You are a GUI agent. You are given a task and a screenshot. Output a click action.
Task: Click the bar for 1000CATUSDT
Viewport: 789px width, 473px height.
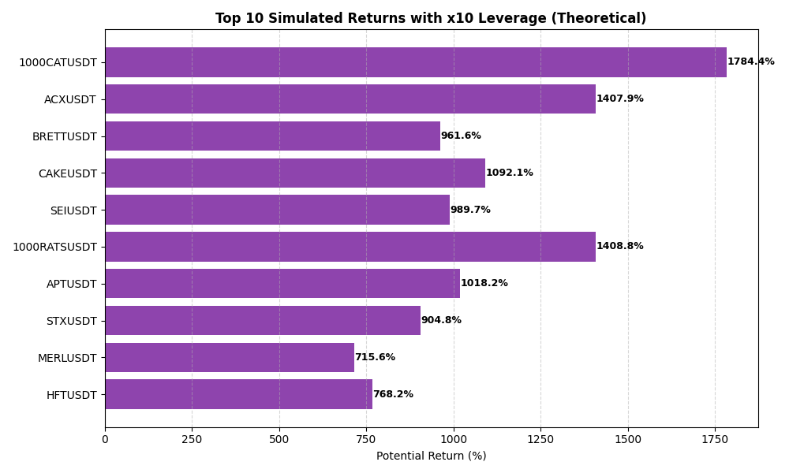coord(416,62)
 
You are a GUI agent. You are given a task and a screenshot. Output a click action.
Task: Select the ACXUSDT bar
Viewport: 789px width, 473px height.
coord(350,99)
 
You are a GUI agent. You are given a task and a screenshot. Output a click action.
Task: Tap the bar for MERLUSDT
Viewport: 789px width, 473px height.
coord(230,357)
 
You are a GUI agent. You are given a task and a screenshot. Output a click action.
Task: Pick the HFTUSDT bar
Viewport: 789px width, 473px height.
coord(238,394)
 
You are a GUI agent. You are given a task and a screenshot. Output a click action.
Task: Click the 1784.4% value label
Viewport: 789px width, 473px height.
coord(750,62)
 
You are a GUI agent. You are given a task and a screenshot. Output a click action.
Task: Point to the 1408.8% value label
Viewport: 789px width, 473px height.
coord(620,247)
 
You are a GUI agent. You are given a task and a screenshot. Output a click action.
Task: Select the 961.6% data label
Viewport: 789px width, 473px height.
coord(461,136)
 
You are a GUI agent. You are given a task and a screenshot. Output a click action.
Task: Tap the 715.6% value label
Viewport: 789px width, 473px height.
coord(375,358)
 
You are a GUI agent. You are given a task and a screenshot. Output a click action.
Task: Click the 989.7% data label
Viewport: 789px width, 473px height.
coord(470,210)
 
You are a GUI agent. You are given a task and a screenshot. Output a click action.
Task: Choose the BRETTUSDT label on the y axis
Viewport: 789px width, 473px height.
coord(64,136)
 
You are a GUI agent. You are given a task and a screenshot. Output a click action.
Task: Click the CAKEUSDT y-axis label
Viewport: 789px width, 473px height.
coord(67,173)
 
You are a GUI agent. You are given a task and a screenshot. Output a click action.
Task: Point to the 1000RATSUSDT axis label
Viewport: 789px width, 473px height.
coord(54,248)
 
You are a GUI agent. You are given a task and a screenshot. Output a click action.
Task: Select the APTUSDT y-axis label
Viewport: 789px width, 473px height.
coord(71,284)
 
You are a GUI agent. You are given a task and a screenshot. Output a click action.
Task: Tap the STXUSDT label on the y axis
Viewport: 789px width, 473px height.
coord(71,321)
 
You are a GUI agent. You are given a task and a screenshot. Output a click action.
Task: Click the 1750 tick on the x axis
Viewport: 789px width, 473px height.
coord(715,439)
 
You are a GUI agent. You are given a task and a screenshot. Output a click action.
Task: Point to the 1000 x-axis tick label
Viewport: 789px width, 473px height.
coord(454,439)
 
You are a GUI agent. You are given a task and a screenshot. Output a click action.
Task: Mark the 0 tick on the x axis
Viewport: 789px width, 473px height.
coord(105,439)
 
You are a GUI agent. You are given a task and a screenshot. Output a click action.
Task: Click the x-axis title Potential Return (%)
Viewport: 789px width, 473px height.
coord(431,456)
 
